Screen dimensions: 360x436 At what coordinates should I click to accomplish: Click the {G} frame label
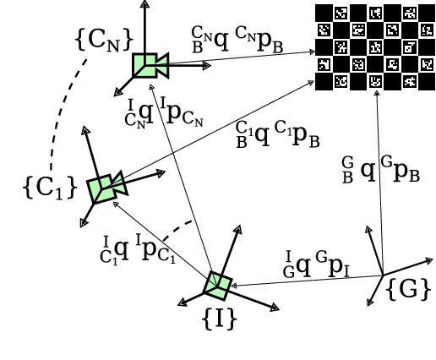(409, 290)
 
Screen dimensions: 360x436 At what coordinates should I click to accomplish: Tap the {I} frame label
(219, 319)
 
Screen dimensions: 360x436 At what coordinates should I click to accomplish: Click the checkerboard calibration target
(368, 46)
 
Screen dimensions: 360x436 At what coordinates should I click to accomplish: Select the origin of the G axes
(382, 274)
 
